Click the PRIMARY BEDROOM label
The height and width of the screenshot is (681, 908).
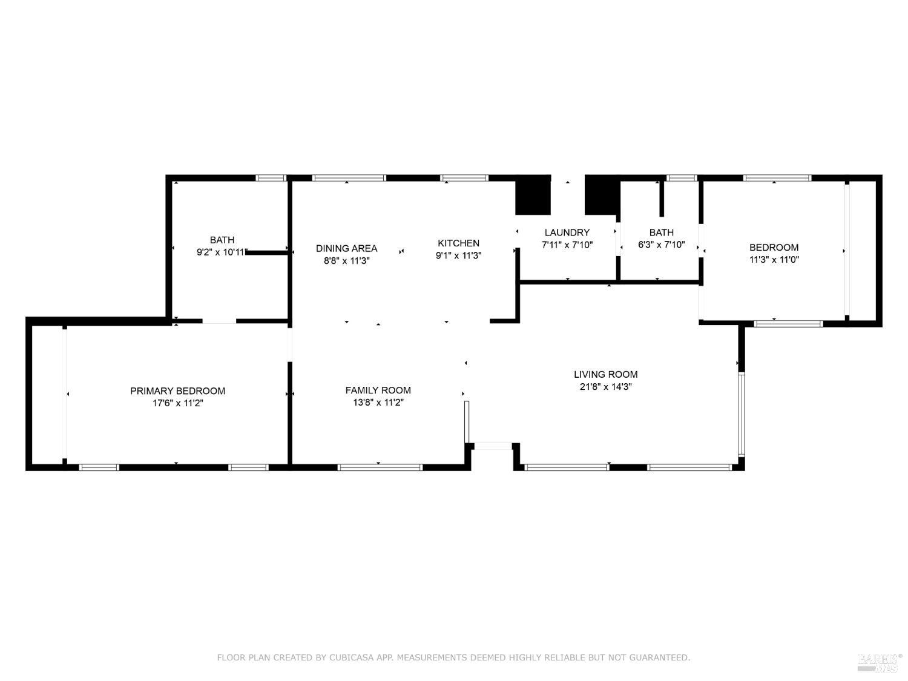177,391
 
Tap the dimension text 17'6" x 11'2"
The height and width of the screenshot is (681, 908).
177,403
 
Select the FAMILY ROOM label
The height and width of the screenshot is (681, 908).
378,390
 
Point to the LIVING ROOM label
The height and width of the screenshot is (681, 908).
605,374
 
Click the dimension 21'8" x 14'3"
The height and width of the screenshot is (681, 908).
605,387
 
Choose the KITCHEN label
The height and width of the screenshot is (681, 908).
458,243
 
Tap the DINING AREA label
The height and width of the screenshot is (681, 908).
346,248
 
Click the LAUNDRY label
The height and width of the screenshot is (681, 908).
567,232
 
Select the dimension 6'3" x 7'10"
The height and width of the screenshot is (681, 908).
661,245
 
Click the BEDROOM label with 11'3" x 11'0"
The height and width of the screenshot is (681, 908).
774,247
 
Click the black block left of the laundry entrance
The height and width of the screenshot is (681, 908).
533,195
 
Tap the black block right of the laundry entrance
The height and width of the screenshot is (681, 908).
600,195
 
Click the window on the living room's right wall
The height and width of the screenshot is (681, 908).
741,414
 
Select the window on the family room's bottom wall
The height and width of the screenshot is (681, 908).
380,467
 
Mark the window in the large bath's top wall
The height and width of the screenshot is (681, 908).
271,178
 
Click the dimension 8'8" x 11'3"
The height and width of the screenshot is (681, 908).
346,261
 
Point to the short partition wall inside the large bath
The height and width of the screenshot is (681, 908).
266,252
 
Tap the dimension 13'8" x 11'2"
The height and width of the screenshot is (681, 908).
378,403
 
